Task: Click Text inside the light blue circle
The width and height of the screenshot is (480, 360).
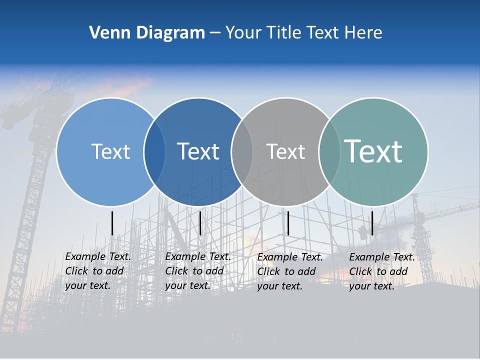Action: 110,151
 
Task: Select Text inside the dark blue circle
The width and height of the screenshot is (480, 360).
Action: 198,151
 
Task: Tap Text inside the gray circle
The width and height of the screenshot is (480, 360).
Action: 285,152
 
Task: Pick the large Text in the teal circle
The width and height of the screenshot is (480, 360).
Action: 373,151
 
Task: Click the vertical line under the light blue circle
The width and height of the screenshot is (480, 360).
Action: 112,223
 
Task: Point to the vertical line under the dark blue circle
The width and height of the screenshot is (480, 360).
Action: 200,223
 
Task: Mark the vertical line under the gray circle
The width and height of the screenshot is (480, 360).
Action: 288,223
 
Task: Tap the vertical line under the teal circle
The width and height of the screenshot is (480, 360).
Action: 372,223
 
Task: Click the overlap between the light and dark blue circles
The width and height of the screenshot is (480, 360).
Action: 154,152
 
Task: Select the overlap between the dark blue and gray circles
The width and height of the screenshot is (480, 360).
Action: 242,152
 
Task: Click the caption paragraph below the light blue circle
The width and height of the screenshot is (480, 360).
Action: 98,271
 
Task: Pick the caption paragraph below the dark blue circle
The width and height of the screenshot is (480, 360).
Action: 198,271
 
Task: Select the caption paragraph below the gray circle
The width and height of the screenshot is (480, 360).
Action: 290,271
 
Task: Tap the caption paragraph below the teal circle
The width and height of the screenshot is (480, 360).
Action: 382,271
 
